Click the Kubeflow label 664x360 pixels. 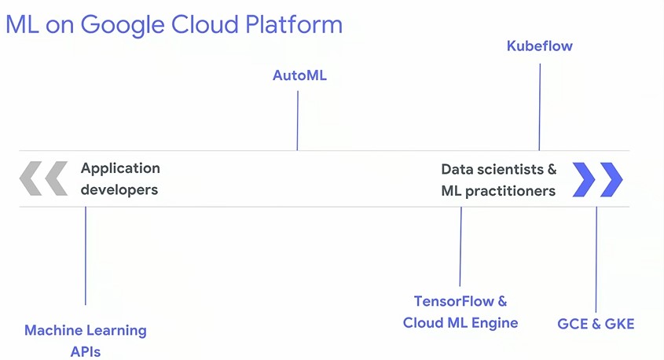coord(540,46)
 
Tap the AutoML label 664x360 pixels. coord(299,75)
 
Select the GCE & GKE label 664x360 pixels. coord(596,324)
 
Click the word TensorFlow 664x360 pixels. coord(454,301)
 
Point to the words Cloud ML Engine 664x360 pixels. coord(460,323)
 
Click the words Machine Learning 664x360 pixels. coord(86,330)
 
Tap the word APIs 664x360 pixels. coord(86,351)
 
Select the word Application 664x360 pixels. coord(120,168)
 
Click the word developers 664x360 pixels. coord(119,189)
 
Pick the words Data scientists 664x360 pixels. coord(493,170)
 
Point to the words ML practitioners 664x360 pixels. coord(498,191)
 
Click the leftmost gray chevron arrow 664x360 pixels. coord(31,178)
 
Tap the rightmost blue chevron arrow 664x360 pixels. coord(611,179)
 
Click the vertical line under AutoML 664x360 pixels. coord(297,121)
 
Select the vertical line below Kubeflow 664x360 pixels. coord(540,107)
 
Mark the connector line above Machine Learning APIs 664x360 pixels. coord(86,255)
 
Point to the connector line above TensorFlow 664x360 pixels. coord(460,247)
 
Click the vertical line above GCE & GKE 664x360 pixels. coord(596,259)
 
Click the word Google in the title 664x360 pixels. coord(123,25)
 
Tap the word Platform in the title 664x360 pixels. coord(294,24)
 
